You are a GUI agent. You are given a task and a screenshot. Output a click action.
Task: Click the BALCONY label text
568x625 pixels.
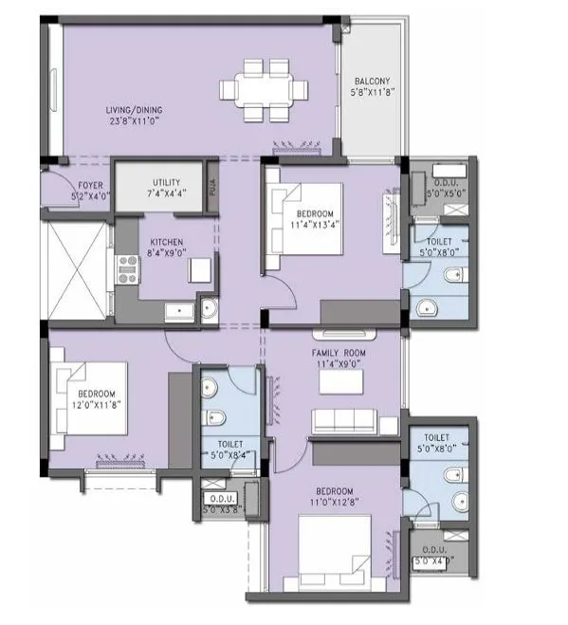pos(371,82)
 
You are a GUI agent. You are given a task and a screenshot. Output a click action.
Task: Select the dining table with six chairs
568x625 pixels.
pos(265,90)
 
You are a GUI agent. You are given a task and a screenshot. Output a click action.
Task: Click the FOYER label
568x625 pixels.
pos(64,187)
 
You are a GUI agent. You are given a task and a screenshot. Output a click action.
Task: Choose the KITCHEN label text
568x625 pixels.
pos(167,242)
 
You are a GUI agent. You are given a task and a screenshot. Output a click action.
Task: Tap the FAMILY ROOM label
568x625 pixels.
pos(339,352)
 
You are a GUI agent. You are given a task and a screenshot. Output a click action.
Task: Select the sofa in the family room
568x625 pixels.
pos(344,422)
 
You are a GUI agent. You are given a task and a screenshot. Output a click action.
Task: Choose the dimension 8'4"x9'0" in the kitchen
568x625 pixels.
pos(167,253)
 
